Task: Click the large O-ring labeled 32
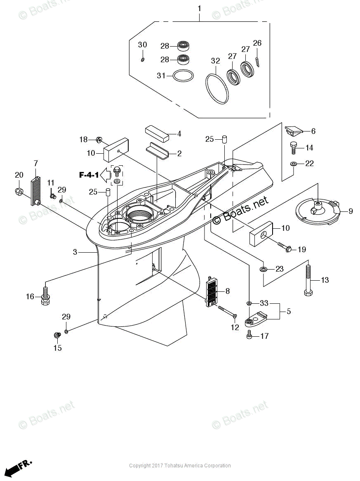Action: click(x=216, y=87)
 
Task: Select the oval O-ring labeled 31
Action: click(x=183, y=76)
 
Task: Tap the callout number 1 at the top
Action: click(x=200, y=9)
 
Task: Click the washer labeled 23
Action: click(x=264, y=269)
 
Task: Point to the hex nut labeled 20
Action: click(x=19, y=191)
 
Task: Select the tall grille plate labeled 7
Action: click(x=35, y=190)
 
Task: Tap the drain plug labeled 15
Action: click(x=57, y=335)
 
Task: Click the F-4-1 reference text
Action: click(x=89, y=175)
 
